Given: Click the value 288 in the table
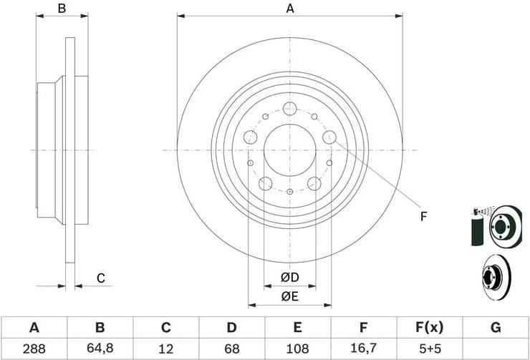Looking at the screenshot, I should click(34, 349).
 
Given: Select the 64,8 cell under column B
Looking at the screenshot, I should click(100, 349).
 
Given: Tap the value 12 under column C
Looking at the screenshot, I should click(165, 349).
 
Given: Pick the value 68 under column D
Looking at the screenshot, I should click(231, 349).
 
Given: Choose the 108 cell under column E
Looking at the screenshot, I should click(297, 349).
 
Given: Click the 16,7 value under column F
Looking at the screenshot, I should click(363, 349).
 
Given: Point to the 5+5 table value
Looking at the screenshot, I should click(429, 349).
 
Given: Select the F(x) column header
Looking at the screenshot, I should click(429, 328).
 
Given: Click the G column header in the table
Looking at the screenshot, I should click(495, 328).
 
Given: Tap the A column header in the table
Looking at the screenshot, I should click(34, 328).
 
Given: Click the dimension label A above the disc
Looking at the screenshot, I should click(290, 9).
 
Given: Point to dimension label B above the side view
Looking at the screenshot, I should click(62, 9).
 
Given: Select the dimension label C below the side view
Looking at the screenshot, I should click(101, 278).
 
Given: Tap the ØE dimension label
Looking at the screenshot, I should click(289, 295).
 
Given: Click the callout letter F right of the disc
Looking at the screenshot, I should click(423, 216).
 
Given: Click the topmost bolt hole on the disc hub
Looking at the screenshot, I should click(289, 109).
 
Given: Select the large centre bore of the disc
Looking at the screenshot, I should click(289, 150).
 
